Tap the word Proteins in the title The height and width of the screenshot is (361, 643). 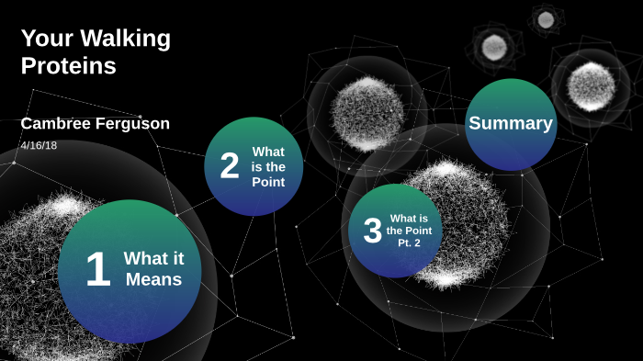point(68,66)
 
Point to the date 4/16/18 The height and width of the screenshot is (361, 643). point(39,145)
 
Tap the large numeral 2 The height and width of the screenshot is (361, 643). point(230,166)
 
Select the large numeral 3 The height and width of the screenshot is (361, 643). point(372,231)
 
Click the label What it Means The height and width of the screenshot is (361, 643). point(153,268)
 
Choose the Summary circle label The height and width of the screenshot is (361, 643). point(511,123)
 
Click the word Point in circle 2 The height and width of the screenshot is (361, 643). point(268,182)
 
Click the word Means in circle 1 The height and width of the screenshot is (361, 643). point(153,279)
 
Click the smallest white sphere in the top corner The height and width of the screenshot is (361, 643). point(546,19)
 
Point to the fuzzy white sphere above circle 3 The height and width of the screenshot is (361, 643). point(367,113)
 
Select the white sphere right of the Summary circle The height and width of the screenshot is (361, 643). point(591,85)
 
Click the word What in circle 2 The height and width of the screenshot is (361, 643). point(268,152)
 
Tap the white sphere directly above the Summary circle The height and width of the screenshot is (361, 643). point(494,46)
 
